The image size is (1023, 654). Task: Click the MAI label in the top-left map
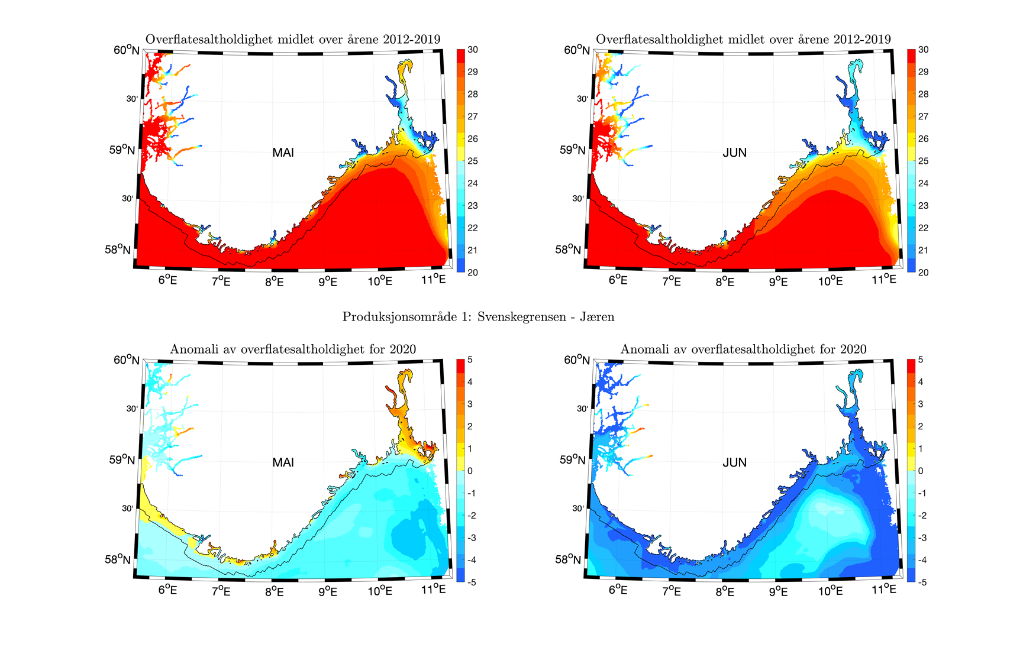pyautogui.click(x=283, y=153)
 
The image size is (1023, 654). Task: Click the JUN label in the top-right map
pyautogui.click(x=734, y=153)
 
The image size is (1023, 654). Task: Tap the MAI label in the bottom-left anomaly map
pyautogui.click(x=283, y=462)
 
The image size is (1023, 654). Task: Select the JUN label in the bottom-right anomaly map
pyautogui.click(x=734, y=462)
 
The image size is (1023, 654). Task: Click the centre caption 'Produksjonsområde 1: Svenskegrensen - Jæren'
pyautogui.click(x=478, y=317)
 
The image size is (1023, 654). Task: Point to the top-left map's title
pyautogui.click(x=293, y=39)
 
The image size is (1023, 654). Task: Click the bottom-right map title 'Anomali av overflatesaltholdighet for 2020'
pyautogui.click(x=743, y=349)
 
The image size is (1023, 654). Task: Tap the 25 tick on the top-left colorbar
pyautogui.click(x=473, y=161)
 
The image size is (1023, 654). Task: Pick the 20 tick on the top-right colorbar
pyautogui.click(x=923, y=273)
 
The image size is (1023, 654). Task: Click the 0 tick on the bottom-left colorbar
pyautogui.click(x=470, y=471)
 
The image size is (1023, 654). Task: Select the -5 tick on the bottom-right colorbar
pyautogui.click(x=921, y=582)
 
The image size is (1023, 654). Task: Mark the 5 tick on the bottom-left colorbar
pyautogui.click(x=470, y=360)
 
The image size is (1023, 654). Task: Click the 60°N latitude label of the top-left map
pyautogui.click(x=127, y=50)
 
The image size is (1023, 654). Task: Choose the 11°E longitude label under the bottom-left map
pyautogui.click(x=433, y=589)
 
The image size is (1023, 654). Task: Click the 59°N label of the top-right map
pyautogui.click(x=573, y=150)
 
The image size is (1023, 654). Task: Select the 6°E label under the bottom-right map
pyautogui.click(x=618, y=590)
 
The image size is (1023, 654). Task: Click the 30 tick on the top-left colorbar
pyautogui.click(x=473, y=50)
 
